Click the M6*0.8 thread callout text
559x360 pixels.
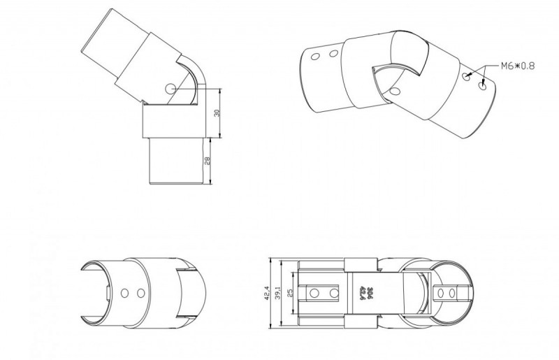(518, 66)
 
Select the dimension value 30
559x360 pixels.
(217, 113)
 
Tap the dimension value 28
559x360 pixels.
(208, 161)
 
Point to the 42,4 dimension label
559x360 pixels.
(268, 294)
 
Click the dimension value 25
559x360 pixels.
(290, 294)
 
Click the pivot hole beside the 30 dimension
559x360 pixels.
(170, 88)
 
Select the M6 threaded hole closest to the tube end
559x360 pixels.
(484, 85)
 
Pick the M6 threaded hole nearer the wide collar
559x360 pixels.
(467, 75)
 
